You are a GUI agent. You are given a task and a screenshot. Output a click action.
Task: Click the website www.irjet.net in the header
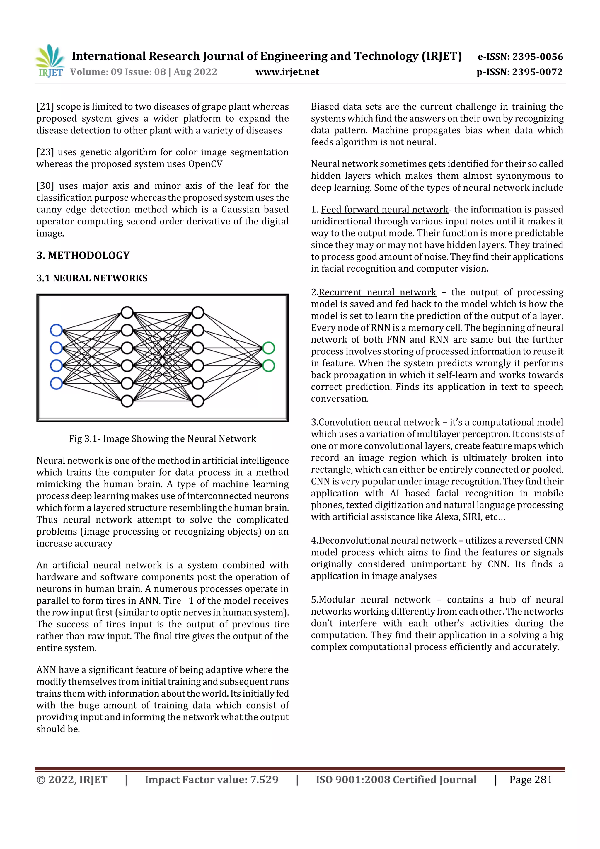coord(287,72)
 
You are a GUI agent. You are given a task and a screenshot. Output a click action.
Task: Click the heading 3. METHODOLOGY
coord(83,256)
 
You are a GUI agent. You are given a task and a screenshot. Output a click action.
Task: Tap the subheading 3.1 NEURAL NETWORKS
coord(92,278)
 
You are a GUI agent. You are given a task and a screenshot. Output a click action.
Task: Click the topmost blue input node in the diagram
coord(56,330)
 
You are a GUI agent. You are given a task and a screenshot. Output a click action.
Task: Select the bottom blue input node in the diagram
coord(56,383)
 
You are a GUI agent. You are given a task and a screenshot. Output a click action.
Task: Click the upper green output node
coord(268,348)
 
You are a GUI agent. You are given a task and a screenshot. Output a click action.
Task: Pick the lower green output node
coord(268,366)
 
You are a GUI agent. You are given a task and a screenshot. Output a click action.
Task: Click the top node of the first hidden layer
coord(127,312)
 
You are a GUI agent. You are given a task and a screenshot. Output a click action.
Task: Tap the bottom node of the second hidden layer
coord(198,401)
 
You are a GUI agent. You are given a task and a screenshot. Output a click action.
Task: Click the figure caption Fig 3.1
coord(162,439)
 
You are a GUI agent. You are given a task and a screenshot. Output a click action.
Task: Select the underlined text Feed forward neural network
coord(384,210)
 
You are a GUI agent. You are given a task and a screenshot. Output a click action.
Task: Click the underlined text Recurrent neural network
coord(377,292)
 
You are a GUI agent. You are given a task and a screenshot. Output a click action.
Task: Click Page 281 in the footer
coord(531,780)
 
